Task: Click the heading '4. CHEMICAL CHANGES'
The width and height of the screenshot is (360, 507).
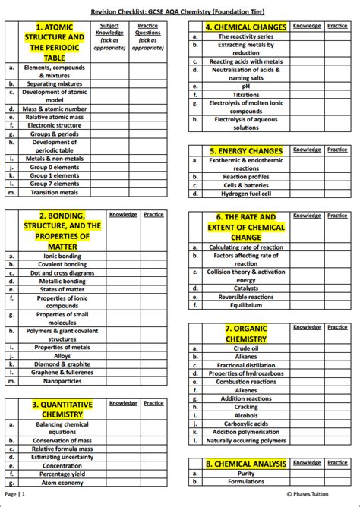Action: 245,27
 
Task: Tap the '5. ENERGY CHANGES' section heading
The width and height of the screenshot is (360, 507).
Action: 245,150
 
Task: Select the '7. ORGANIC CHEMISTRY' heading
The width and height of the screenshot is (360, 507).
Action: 245,334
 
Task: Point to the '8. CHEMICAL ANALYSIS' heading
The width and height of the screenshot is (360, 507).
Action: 245,463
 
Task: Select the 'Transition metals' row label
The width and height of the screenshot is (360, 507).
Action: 54,192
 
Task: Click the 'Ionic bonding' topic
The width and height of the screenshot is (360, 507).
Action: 62,256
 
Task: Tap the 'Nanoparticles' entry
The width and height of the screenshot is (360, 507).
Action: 62,380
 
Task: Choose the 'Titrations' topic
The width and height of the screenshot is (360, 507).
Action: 245,95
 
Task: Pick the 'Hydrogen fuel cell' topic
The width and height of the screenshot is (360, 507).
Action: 245,194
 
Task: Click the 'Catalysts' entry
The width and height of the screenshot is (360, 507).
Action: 245,288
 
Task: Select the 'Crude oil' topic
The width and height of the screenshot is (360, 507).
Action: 245,348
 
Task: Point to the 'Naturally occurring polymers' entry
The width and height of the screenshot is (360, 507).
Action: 245,440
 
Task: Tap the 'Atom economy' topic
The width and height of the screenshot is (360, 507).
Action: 62,483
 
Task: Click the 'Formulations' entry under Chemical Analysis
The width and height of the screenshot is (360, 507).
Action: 245,481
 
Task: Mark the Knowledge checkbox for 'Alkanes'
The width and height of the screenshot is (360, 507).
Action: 307,356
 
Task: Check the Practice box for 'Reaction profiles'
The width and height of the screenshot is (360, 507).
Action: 336,177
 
